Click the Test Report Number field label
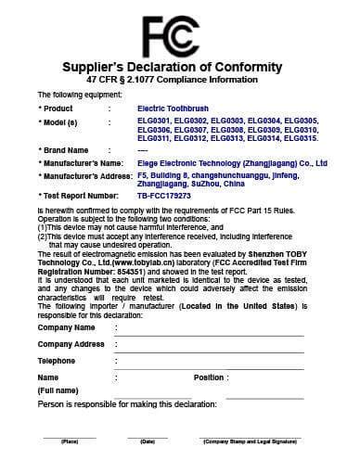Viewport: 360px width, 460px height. click(78, 197)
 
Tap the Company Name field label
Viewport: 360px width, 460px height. click(65, 327)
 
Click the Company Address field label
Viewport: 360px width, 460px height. click(71, 343)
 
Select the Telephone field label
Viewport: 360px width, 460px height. click(56, 360)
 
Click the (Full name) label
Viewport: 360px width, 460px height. click(58, 391)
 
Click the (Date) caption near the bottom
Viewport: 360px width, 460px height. click(147, 441)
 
